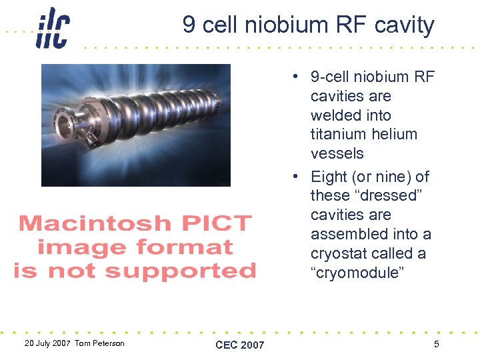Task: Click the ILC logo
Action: pos(53,28)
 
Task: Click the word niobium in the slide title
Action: pos(283,25)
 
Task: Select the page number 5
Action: pos(436,344)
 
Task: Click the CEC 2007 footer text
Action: pos(240,345)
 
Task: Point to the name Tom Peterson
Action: pos(99,343)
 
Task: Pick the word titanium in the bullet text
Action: pos(337,134)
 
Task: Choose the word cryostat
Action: pos(339,253)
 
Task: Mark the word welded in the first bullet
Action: pos(336,115)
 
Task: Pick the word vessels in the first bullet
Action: pos(337,153)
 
